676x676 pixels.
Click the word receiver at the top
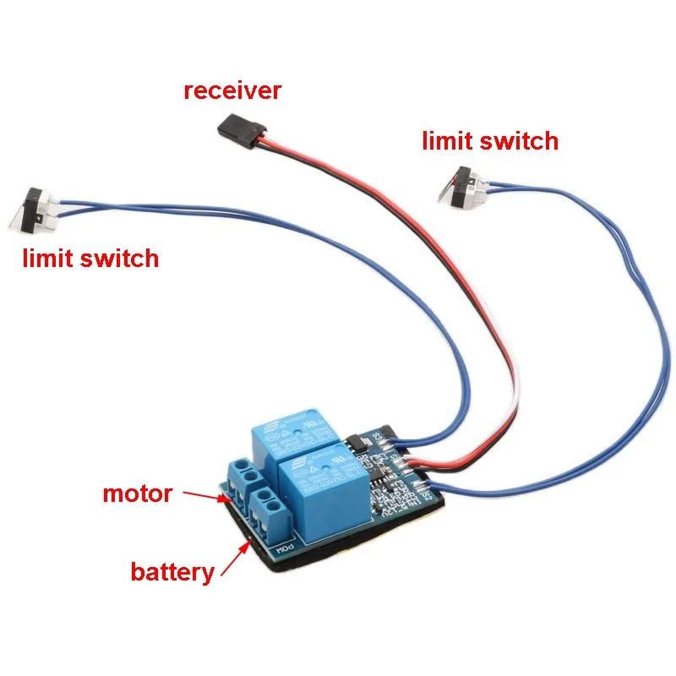point(232,90)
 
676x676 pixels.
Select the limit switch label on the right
point(490,140)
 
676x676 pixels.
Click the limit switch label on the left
point(90,257)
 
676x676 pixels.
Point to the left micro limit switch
point(36,208)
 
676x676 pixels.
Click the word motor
point(137,493)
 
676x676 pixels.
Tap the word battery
point(172,572)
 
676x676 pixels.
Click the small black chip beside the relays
point(357,443)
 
